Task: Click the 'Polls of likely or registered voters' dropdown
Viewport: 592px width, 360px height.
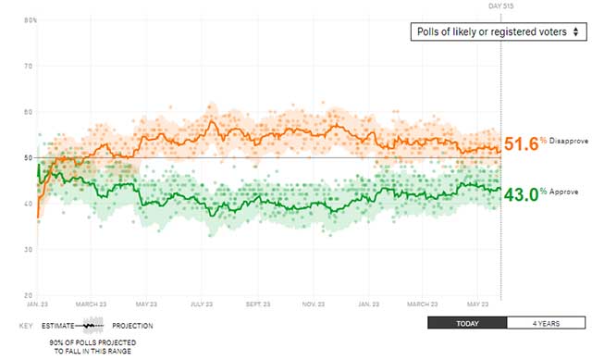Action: (499, 32)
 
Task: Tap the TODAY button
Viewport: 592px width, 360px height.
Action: (467, 323)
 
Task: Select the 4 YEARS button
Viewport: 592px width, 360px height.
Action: (547, 323)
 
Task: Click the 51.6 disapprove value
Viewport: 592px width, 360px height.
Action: (519, 144)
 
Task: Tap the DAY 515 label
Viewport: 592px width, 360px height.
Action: (500, 6)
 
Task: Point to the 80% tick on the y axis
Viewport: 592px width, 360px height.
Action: (30, 20)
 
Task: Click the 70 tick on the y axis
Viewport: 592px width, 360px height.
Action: (30, 66)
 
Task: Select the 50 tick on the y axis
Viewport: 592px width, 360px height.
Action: (30, 157)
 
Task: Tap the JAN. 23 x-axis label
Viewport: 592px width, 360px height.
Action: (38, 304)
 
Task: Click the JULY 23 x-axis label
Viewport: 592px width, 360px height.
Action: (202, 304)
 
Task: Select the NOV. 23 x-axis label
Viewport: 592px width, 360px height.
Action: (312, 304)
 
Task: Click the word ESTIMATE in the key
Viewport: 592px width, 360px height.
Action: (58, 326)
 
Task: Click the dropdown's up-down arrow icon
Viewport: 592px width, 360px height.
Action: (575, 32)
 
